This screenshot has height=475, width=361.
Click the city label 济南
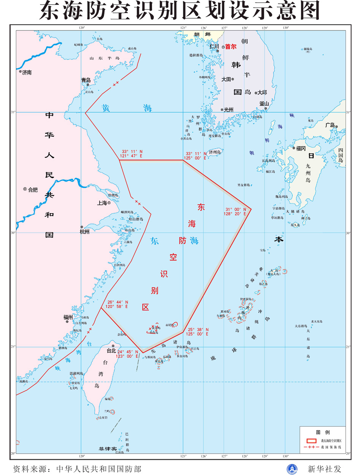pos(27,72)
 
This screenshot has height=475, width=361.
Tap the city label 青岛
pos(86,80)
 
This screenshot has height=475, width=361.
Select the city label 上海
pos(102,203)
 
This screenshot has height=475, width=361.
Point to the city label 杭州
pos(84,231)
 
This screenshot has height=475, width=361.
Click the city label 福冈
pos(301,148)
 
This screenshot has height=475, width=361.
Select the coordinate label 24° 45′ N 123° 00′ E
pos(127,354)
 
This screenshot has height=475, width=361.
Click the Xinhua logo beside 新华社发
pos(292,469)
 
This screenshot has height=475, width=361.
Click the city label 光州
pos(228,109)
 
